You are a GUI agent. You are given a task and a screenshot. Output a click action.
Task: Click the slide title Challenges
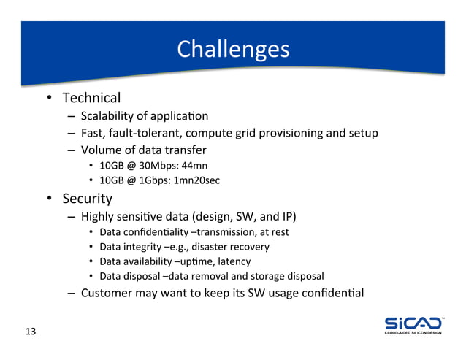233,49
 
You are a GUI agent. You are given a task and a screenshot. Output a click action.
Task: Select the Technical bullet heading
91,98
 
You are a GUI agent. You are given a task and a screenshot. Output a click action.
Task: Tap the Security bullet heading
87,199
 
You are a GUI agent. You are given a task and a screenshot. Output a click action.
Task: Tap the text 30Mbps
151,165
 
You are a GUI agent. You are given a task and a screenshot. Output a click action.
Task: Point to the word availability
147,261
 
